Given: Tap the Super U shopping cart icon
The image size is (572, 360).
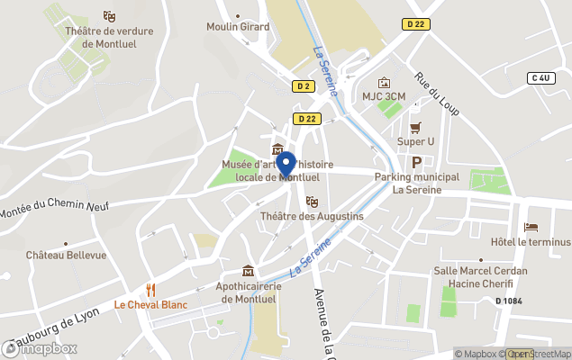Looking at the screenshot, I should point(415,128).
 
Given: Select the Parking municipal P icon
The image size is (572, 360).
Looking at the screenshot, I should point(416,162).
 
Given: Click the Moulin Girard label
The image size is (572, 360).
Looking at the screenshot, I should point(238,27).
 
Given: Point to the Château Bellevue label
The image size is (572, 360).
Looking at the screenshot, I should point(67,255).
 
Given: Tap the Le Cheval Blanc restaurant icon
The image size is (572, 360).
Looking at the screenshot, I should point(150,290).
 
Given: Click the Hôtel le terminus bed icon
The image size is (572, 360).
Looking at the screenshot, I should point(531,227).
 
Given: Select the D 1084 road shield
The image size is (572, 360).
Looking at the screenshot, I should point(510,301).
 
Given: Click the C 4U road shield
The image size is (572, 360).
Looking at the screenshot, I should point(540,78).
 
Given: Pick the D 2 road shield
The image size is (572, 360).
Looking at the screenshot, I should point(303,86).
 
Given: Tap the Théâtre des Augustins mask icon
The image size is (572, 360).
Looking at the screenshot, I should point(312,202).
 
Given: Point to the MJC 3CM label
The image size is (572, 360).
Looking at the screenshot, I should point(385,95).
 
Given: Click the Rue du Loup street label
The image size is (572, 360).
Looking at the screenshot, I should point(437,93).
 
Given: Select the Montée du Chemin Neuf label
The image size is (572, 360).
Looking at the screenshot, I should point(54,205).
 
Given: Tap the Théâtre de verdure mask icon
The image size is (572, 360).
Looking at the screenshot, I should point(109,16).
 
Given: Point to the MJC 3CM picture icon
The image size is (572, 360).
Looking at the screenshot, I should point(385,82).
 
